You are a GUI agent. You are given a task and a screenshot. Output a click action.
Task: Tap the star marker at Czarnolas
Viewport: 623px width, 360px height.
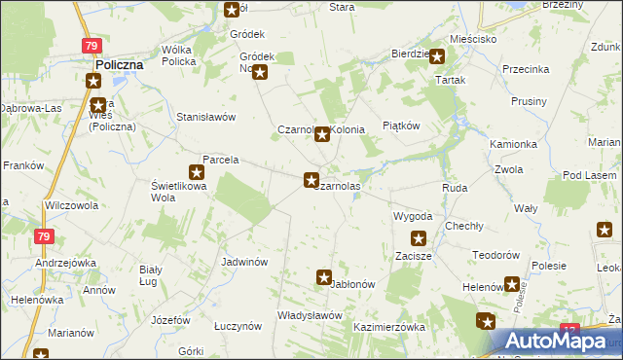coord(311,180)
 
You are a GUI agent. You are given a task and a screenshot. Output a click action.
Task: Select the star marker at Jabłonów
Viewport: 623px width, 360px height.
coord(324,277)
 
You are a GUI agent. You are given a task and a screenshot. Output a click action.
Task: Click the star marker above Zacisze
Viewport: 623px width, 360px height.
coord(419,237)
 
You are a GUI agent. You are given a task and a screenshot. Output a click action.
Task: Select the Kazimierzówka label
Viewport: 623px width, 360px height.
coord(389,328)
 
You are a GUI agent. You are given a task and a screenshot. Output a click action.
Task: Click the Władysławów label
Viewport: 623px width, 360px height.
coord(310,315)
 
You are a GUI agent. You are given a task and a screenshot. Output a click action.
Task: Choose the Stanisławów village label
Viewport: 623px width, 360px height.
coord(206,117)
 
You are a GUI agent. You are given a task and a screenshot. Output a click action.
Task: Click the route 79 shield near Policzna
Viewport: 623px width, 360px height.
coord(91,46)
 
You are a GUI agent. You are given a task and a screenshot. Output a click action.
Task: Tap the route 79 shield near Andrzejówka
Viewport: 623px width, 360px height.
coord(43,236)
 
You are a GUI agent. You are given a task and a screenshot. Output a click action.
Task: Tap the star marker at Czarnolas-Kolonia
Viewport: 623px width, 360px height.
coord(321,135)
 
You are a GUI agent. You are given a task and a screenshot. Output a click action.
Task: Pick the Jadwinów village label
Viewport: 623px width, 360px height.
coord(244,262)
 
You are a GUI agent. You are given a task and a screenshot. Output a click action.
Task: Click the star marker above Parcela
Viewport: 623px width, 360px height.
coord(196,172)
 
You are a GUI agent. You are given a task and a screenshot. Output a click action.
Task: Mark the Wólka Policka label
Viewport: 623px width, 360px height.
coord(179,54)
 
